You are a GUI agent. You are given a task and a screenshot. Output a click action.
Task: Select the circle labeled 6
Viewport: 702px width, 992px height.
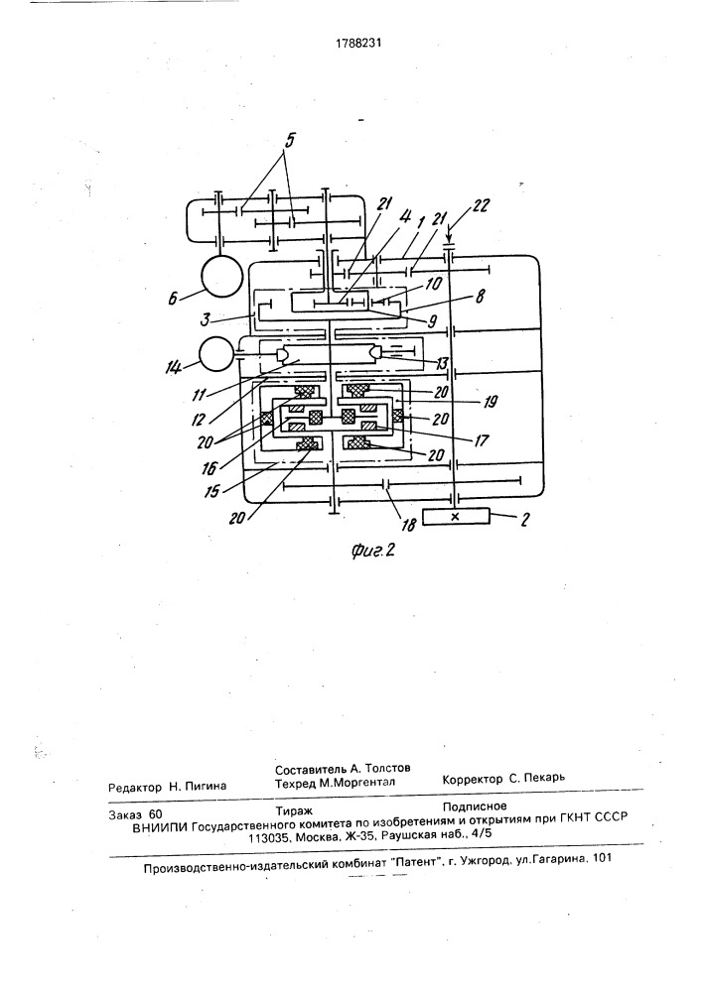222,277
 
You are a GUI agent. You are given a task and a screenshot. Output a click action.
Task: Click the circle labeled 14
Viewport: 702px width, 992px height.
216,356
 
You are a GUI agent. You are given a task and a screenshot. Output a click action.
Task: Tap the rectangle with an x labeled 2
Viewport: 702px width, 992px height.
455,516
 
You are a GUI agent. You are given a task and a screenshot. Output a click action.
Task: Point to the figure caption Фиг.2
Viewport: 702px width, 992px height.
372,551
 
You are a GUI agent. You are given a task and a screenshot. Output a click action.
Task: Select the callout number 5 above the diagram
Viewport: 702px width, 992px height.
289,141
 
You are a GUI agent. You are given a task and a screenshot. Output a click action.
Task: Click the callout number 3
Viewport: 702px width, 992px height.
206,319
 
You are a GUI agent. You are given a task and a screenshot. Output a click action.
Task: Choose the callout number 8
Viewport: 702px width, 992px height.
480,296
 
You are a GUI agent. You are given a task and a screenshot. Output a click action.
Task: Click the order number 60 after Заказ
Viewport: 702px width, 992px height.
155,814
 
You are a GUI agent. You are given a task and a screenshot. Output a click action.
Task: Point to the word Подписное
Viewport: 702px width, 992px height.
474,806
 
